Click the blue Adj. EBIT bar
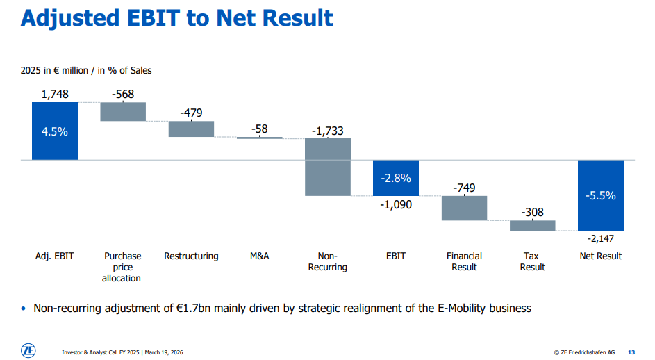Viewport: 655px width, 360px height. pyautogui.click(x=55, y=131)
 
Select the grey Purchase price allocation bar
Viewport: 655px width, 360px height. pyautogui.click(x=123, y=112)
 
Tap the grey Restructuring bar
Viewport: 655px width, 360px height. pyautogui.click(x=191, y=129)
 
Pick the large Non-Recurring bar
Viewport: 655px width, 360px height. pyautogui.click(x=328, y=167)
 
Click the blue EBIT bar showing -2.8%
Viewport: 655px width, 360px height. pyautogui.click(x=396, y=178)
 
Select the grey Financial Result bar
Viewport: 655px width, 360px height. pyautogui.click(x=464, y=208)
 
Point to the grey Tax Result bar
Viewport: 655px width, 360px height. pyautogui.click(x=532, y=225)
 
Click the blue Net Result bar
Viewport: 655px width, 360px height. pyautogui.click(x=600, y=195)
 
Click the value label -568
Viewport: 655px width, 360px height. pyautogui.click(x=123, y=95)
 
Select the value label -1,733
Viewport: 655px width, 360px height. pyautogui.click(x=328, y=131)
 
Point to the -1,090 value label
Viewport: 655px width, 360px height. pyautogui.click(x=396, y=204)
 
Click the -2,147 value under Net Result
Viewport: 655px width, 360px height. pyautogui.click(x=601, y=238)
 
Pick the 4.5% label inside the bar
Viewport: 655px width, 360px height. pyautogui.click(x=55, y=131)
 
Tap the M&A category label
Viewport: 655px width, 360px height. pyautogui.click(x=260, y=256)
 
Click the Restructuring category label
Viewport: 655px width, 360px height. pyautogui.click(x=191, y=256)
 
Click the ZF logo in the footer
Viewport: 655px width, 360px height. pyautogui.click(x=28, y=351)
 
